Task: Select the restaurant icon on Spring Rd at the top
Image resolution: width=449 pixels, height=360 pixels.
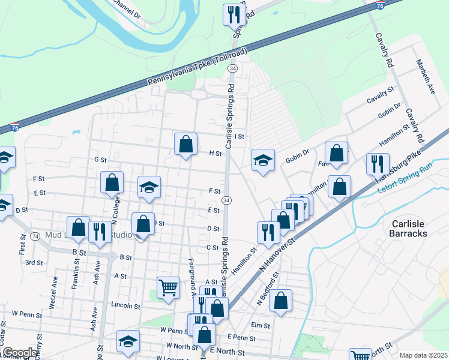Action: tap(232, 14)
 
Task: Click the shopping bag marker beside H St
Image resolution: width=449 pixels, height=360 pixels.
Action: tap(186, 144)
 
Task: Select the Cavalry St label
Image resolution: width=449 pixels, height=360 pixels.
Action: tap(381, 91)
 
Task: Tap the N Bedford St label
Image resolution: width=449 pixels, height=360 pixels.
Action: tap(267, 288)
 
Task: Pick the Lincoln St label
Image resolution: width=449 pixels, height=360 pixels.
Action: tap(125, 305)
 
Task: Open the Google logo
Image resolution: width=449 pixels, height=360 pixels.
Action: tap(19, 353)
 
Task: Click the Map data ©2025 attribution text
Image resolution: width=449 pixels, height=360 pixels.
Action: tap(423, 355)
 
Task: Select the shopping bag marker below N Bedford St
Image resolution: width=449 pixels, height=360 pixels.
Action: tap(280, 300)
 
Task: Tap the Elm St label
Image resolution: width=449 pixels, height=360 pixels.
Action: tap(261, 325)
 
